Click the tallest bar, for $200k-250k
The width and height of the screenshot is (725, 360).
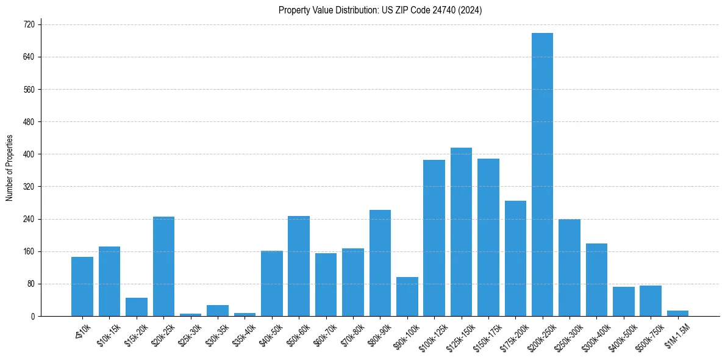click(x=542, y=175)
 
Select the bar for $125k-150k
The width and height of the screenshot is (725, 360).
click(x=461, y=232)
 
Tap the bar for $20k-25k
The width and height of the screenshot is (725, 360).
click(x=163, y=266)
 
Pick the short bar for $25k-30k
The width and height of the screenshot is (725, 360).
click(x=190, y=314)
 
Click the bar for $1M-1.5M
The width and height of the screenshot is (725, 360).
click(x=677, y=313)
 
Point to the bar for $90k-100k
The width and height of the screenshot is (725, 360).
click(x=407, y=297)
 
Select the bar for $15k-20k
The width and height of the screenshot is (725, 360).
click(x=137, y=307)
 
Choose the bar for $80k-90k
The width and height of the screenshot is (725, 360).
click(x=380, y=263)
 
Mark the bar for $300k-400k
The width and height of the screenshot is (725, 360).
click(x=596, y=279)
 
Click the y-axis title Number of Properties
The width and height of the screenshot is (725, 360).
click(x=9, y=168)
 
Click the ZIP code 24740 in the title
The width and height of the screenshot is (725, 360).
click(x=444, y=10)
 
